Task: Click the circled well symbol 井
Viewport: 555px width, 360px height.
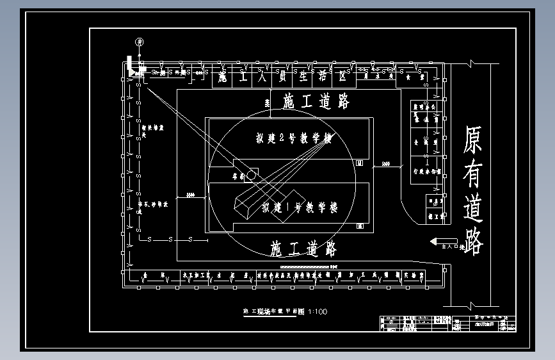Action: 138,42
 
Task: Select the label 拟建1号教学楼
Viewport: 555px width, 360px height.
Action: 299,208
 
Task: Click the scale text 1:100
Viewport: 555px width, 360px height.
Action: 318,312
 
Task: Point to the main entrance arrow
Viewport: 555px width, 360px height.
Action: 436,241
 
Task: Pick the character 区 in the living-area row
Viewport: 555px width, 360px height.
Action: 343,78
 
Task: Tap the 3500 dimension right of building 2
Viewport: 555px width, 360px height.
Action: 385,164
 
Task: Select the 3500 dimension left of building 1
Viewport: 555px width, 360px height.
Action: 191,194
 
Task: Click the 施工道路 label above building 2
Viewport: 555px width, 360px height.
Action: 316,101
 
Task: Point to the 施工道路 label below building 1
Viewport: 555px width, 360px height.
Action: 303,249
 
